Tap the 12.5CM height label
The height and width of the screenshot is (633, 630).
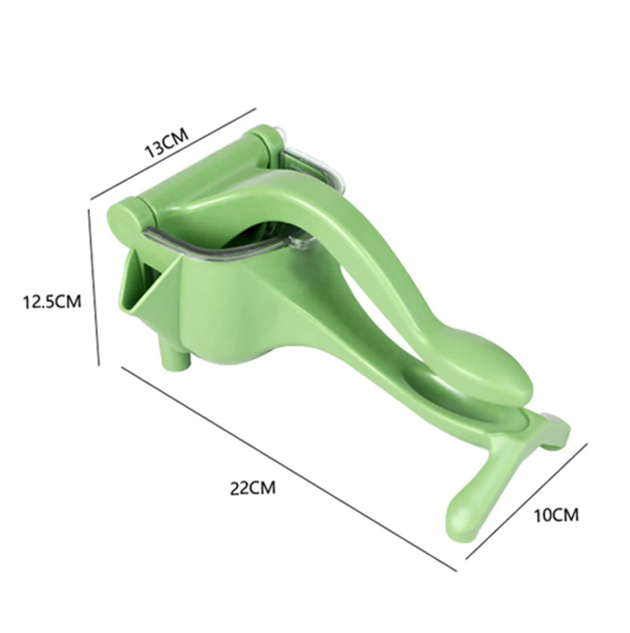(51, 302)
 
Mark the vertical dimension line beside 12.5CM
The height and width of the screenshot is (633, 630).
(94, 286)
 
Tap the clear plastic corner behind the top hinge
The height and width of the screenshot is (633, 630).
(310, 163)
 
